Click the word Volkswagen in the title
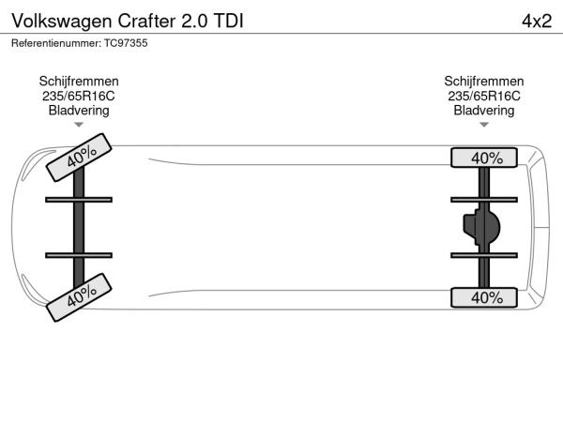click(62, 22)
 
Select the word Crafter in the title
click(147, 21)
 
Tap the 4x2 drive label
click(537, 22)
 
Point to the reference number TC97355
click(126, 43)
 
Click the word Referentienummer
click(56, 43)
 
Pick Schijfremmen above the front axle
click(79, 82)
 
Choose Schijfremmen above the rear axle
click(483, 82)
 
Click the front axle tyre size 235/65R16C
click(79, 97)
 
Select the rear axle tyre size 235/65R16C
click(483, 97)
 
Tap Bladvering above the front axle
click(79, 111)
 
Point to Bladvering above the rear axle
click(483, 111)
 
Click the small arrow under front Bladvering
click(79, 125)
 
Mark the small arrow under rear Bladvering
click(484, 125)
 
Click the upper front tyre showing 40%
click(79, 158)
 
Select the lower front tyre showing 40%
click(79, 297)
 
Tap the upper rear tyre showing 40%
click(484, 158)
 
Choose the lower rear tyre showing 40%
click(484, 297)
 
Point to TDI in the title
click(228, 21)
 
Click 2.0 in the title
click(194, 22)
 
